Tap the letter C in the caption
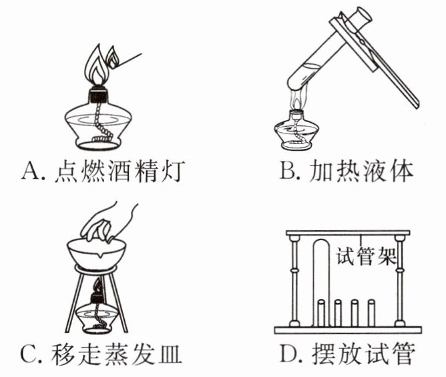32,353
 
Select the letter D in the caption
288,353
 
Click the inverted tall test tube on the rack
320,280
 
